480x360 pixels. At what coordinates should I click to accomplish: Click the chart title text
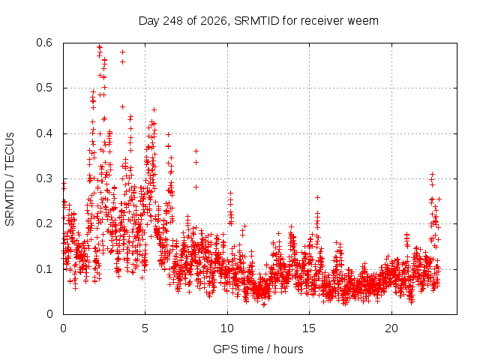click(258, 21)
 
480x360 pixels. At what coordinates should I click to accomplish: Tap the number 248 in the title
click(172, 21)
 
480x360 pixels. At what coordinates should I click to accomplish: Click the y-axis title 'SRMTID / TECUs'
click(10, 179)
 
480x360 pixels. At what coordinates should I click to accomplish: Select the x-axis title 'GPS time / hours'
click(258, 349)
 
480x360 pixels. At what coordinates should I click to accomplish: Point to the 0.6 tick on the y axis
click(44, 43)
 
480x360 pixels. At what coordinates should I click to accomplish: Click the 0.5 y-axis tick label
click(44, 88)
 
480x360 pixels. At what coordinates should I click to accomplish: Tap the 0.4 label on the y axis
click(44, 133)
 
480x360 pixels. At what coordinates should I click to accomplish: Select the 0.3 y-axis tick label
click(44, 178)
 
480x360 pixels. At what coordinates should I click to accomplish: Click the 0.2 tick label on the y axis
click(44, 223)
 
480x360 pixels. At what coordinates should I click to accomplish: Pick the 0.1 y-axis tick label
click(44, 269)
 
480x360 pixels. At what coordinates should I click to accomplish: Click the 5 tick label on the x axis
click(145, 328)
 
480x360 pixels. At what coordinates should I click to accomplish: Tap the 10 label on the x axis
click(227, 328)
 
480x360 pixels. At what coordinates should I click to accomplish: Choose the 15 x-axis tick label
click(309, 328)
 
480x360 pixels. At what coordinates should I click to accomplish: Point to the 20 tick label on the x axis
click(391, 328)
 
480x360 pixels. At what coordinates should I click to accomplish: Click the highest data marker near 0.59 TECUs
click(99, 46)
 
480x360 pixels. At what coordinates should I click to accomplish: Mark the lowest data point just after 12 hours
click(264, 304)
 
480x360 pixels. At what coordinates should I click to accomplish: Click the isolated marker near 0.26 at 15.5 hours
click(318, 198)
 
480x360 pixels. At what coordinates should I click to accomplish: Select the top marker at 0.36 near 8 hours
click(196, 151)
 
